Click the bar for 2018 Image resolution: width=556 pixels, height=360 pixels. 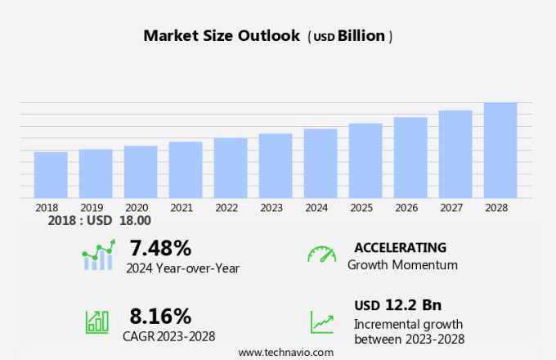pos(51,175)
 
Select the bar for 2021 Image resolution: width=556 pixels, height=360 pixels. pos(186,170)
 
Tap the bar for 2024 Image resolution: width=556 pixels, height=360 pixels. pos(321,164)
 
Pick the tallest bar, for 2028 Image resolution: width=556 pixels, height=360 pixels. pos(500,151)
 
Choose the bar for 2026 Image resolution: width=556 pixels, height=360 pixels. pos(410,158)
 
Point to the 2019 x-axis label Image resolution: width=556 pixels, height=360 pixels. pos(92,208)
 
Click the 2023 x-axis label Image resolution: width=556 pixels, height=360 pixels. pos(271,208)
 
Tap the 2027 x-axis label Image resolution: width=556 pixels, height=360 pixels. pos(451,208)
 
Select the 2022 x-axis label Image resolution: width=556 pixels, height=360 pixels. pos(226,208)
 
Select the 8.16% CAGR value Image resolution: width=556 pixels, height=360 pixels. pos(160,316)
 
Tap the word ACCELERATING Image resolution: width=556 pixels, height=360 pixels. pos(400,247)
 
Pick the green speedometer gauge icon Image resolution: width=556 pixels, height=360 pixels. pos(321,254)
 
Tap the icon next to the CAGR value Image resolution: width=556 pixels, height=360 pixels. pos(97,322)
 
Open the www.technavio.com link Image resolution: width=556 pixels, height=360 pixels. pos(285,352)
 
